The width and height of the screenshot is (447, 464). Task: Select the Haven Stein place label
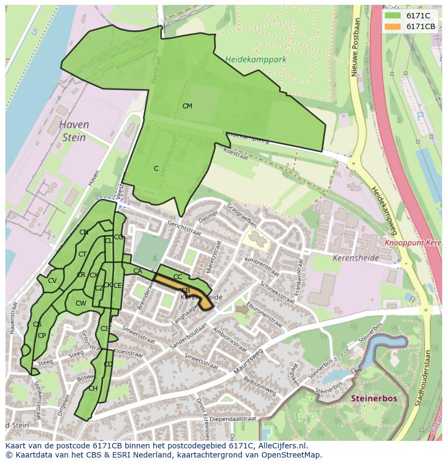74,131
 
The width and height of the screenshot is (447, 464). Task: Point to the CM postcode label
187,106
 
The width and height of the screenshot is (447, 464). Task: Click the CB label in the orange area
185,290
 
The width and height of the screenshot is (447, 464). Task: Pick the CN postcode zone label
84,232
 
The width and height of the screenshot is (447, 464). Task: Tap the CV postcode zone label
52,281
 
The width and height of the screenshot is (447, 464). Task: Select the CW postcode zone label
80,303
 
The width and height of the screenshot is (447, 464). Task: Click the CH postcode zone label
93,389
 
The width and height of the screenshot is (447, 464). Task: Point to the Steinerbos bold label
374,399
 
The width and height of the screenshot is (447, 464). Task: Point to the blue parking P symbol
420,116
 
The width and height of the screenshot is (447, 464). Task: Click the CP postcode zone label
42,335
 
